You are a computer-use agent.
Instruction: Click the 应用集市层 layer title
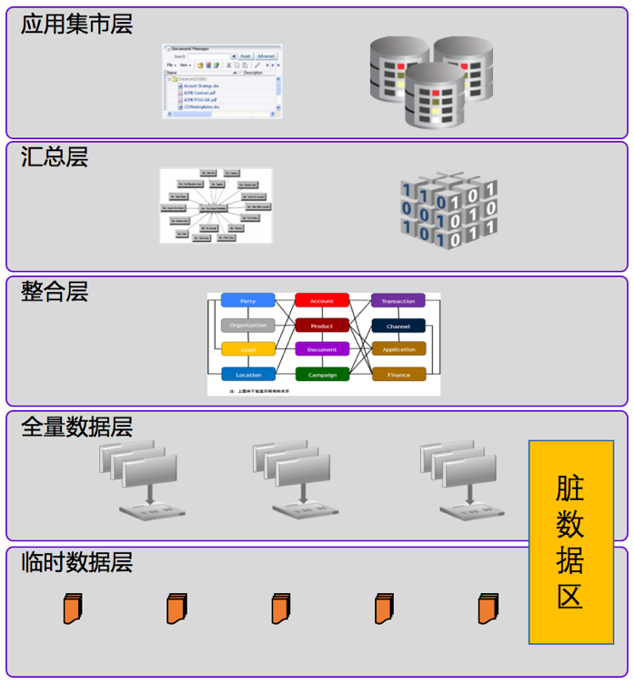click(76, 25)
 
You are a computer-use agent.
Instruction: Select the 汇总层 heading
click(54, 157)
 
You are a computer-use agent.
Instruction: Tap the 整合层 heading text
click(54, 292)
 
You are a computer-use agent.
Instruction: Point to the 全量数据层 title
click(76, 427)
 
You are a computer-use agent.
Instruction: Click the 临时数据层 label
click(76, 562)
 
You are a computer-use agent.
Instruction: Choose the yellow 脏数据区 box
click(570, 542)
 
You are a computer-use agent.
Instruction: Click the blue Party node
click(247, 301)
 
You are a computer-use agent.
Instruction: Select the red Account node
click(322, 301)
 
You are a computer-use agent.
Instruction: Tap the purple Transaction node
click(398, 301)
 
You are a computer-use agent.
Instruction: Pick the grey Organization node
click(247, 326)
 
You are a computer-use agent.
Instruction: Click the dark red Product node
click(322, 326)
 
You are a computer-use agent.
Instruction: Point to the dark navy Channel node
click(398, 326)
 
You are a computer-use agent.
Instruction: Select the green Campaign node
click(322, 374)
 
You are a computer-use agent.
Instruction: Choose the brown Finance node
click(398, 374)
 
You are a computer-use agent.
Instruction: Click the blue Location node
click(247, 374)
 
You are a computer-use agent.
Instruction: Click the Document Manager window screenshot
click(222, 80)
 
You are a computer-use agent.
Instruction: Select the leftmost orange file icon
click(73, 608)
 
